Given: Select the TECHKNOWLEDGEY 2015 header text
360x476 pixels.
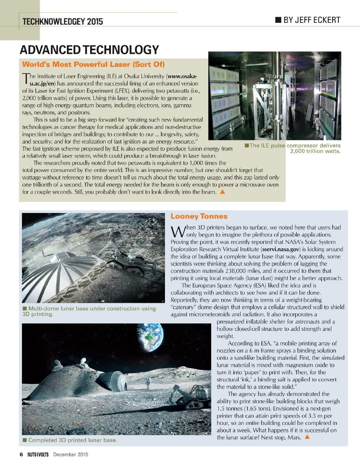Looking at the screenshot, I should [x=63, y=21].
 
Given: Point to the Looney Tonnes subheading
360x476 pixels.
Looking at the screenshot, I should [x=198, y=216].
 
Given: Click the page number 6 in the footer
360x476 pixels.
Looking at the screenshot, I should [x=21, y=454].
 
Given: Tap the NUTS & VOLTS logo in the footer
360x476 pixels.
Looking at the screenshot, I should [x=37, y=454].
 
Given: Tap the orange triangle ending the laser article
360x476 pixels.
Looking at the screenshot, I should [x=222, y=192].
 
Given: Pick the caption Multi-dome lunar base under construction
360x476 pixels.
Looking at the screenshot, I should [x=88, y=311].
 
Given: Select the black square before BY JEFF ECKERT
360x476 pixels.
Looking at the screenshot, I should [x=278, y=20].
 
